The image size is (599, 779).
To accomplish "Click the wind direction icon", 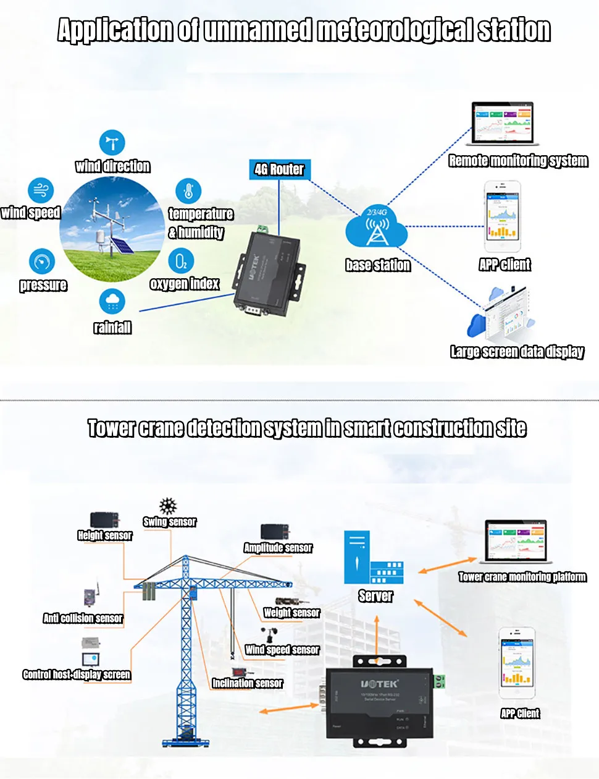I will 112,143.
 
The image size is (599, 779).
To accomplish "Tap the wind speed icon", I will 41,190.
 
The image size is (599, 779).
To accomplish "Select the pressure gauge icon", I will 41,262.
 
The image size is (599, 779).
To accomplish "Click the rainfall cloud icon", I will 112,302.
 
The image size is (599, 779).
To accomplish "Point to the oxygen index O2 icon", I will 181,262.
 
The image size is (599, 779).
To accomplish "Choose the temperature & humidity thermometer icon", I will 188,192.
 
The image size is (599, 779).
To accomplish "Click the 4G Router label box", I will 279,169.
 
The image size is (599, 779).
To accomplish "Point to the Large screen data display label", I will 517,352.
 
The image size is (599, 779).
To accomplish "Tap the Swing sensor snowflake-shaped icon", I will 168,506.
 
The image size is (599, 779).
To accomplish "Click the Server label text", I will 375,596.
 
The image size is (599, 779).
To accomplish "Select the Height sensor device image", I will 104,520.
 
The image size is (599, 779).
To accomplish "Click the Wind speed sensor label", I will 282,650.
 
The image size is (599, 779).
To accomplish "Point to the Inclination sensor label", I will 248,683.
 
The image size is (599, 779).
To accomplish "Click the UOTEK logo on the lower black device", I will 379,684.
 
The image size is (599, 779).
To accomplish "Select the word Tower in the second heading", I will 111,428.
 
